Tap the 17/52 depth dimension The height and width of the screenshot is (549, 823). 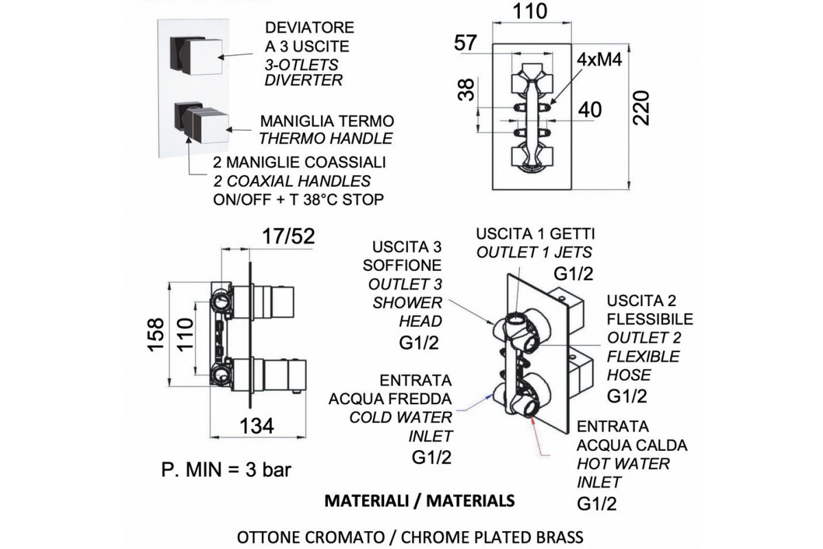coord(289,237)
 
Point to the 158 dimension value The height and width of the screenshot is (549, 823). coord(156,335)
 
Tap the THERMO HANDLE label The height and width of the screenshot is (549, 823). coord(326,138)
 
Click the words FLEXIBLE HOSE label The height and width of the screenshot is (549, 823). coord(643,366)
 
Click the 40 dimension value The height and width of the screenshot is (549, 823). coord(591,110)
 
